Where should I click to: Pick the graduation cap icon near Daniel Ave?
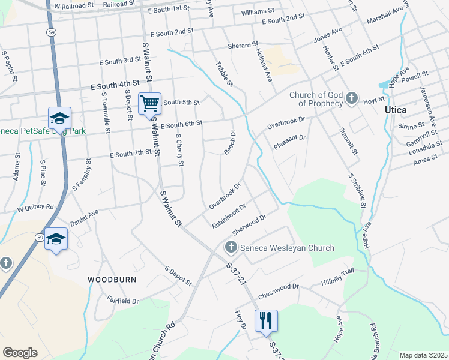click(56, 239)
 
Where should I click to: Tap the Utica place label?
click(396, 110)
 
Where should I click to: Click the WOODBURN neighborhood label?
click(112, 280)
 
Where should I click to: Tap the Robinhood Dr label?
click(229, 217)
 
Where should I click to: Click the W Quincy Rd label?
click(35, 208)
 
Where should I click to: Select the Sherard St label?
click(243, 46)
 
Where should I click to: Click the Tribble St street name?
click(224, 73)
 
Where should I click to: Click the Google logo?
click(20, 353)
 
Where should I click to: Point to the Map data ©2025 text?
click(423, 355)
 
